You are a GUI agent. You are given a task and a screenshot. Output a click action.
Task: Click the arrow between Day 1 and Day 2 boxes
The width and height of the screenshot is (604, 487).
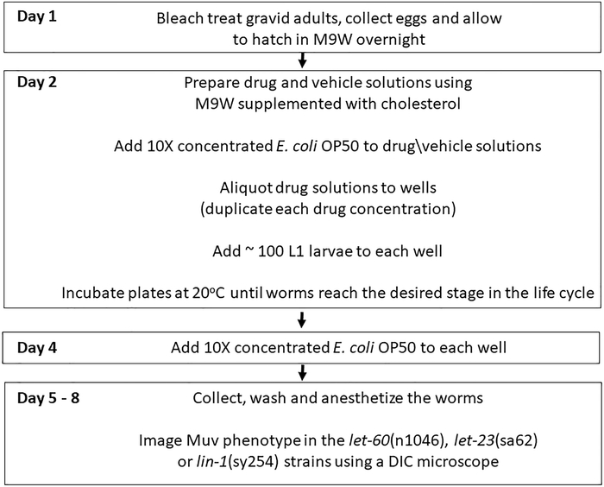point(302,59)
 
